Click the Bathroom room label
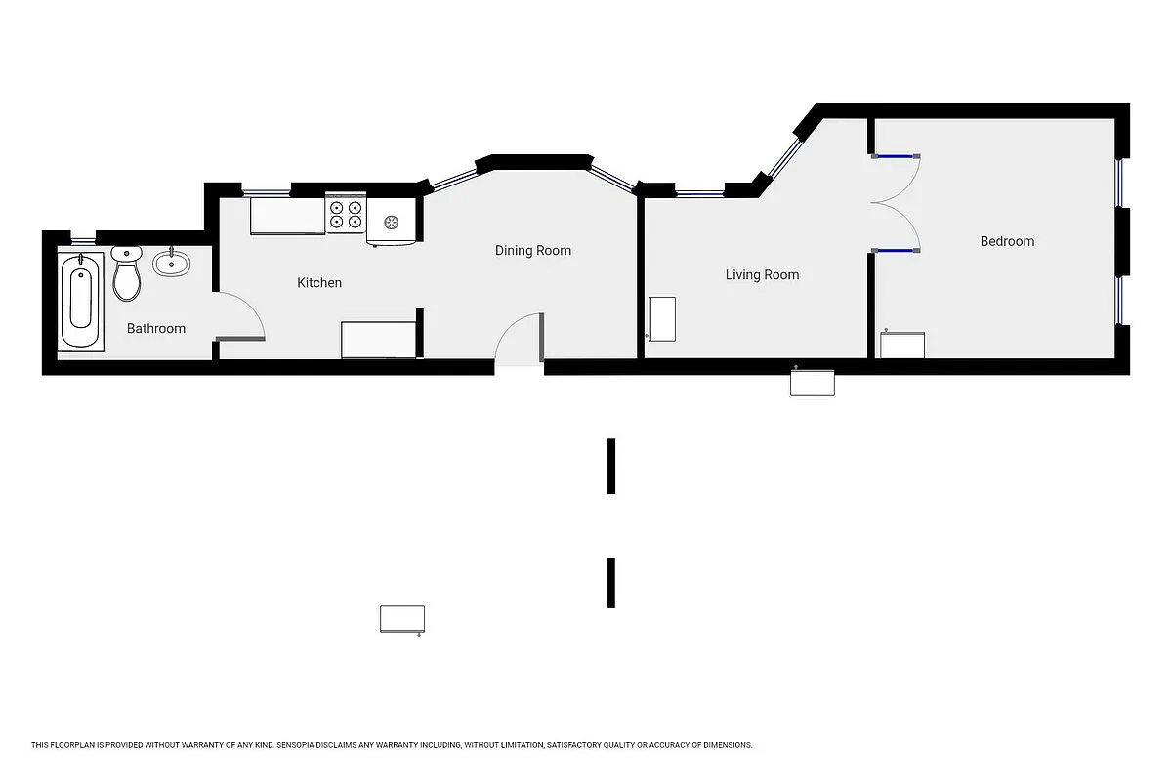pos(156,329)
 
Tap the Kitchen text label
pos(319,283)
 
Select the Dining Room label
pos(532,251)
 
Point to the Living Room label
pos(762,275)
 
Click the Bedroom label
pos(1007,241)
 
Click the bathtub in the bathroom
pos(81,301)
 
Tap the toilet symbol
pos(127,274)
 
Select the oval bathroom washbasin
pos(172,262)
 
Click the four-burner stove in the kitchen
pos(346,215)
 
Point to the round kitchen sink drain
pos(393,222)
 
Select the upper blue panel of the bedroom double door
pos(895,155)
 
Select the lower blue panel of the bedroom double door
pos(895,251)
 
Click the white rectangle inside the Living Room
pos(663,319)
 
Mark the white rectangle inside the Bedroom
pos(902,346)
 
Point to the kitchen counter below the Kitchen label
pos(379,340)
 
